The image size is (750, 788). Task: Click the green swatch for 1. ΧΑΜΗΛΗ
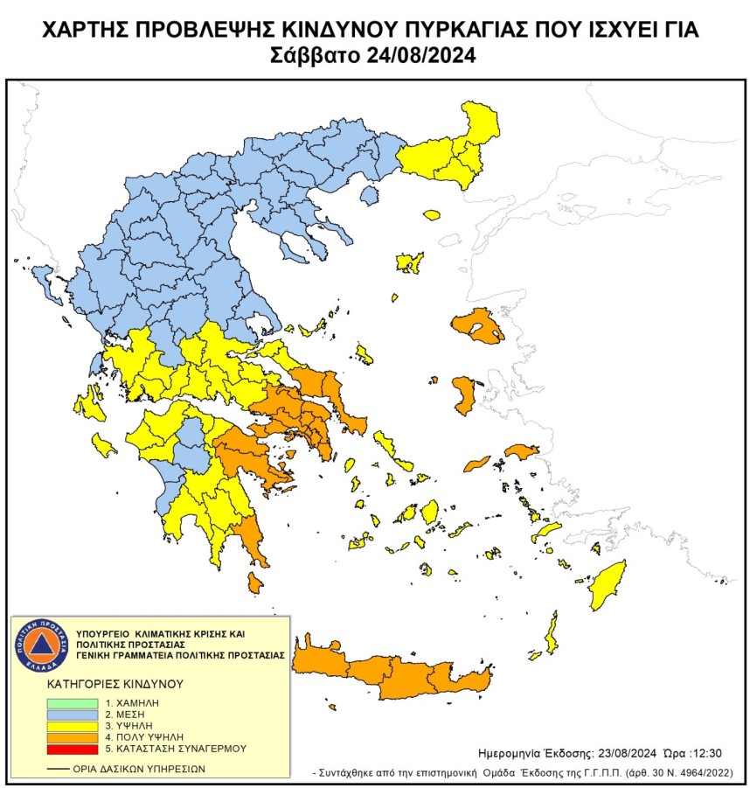click(72, 702)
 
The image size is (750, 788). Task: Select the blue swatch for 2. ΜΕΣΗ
click(72, 714)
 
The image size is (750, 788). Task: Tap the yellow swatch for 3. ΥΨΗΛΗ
click(72, 726)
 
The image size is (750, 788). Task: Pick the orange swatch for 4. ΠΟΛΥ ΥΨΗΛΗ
click(72, 737)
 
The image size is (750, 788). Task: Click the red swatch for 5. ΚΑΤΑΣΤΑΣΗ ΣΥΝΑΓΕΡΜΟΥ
click(72, 749)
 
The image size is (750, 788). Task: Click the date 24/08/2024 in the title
click(424, 56)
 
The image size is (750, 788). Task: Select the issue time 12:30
click(706, 752)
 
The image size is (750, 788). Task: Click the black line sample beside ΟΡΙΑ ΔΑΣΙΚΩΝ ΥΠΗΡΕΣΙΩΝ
click(59, 769)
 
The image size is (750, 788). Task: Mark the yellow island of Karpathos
click(552, 633)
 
